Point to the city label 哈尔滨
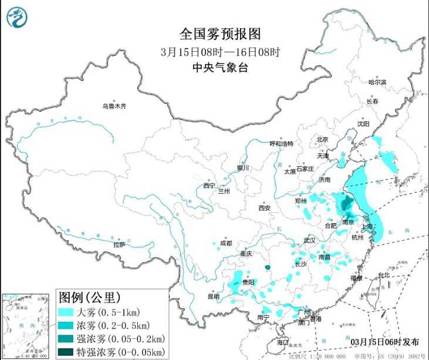tap(377, 83)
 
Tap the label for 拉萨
tap(119, 244)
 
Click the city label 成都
tap(225, 243)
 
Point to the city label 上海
tap(370, 225)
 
